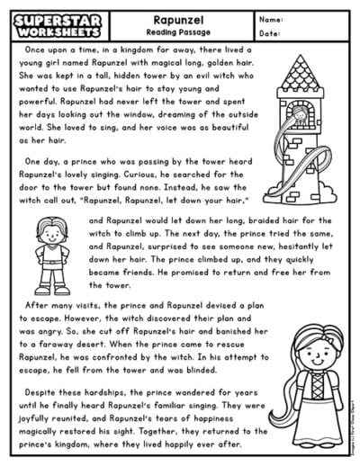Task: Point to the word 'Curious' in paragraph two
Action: click(x=142, y=175)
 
